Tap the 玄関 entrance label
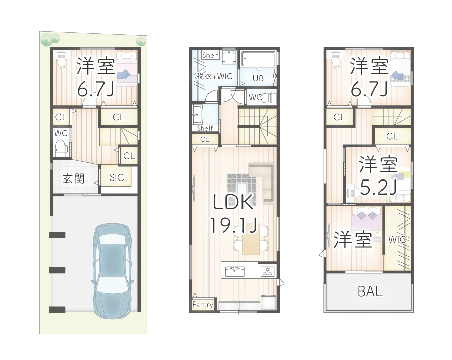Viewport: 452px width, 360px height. click(x=74, y=179)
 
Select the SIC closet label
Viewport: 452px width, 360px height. click(x=117, y=177)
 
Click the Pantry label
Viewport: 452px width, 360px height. click(x=203, y=305)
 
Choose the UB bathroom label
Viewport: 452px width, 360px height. click(x=258, y=78)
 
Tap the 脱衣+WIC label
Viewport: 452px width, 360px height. click(x=214, y=76)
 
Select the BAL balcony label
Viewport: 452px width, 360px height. click(x=370, y=292)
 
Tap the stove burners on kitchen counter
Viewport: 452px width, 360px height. click(x=267, y=271)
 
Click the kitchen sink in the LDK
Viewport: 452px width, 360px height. click(x=235, y=269)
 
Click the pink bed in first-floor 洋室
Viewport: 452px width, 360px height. click(x=127, y=71)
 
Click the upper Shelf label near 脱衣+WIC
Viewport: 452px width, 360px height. click(x=210, y=55)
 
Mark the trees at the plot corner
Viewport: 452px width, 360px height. click(x=50, y=39)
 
